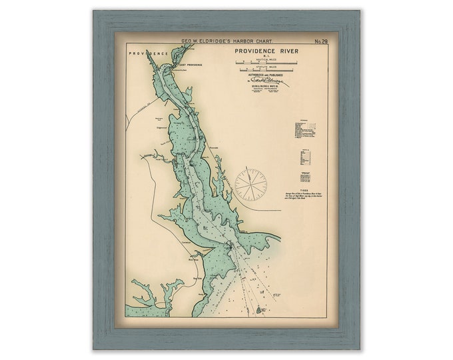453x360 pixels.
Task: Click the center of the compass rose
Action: [x=250, y=185]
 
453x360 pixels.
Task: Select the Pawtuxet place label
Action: [x=151, y=158]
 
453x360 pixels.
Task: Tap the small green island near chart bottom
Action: [x=260, y=310]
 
